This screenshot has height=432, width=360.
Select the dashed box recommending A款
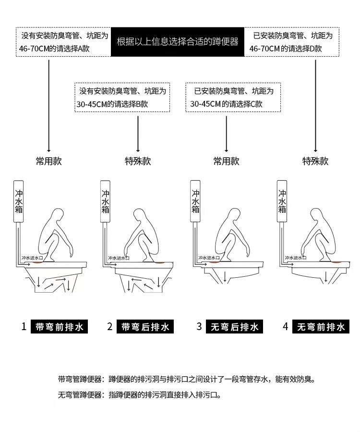tap(63, 42)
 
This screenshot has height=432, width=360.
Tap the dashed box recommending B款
tap(122, 97)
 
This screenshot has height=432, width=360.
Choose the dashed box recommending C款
tap(233, 97)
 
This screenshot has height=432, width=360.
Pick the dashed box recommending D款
tap(292, 42)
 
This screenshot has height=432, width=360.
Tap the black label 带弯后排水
tap(145, 327)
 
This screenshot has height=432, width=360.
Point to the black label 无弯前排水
tap(320, 327)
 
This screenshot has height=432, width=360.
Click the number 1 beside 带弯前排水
tap(24, 327)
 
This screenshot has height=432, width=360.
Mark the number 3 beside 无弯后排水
tap(199, 327)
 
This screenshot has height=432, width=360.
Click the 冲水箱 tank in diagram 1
tap(19, 201)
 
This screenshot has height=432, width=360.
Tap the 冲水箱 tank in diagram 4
tap(283, 201)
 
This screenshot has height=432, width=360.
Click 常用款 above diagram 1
tap(49, 161)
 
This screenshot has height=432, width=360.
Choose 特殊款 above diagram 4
tap(315, 161)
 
